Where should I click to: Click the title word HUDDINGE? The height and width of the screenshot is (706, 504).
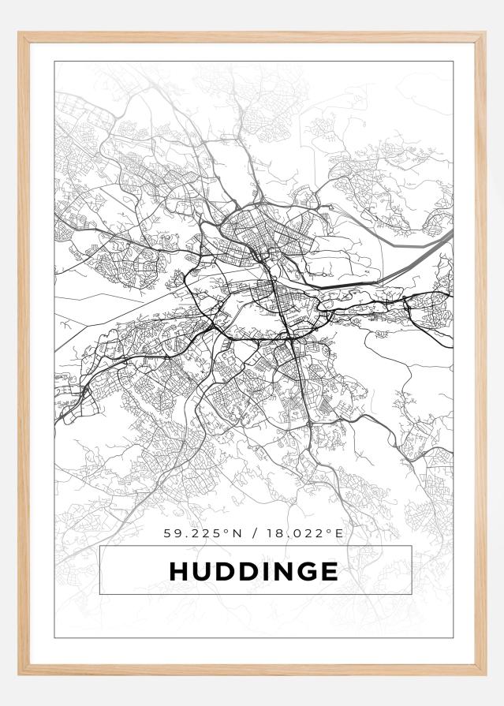pos(254,571)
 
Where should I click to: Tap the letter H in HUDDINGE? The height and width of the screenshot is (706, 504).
pos(179,571)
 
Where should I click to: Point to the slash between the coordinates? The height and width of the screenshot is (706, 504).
pos(254,533)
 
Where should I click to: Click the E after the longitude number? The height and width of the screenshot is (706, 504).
pos(339,533)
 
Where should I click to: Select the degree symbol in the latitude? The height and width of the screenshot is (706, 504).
pos(225,531)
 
